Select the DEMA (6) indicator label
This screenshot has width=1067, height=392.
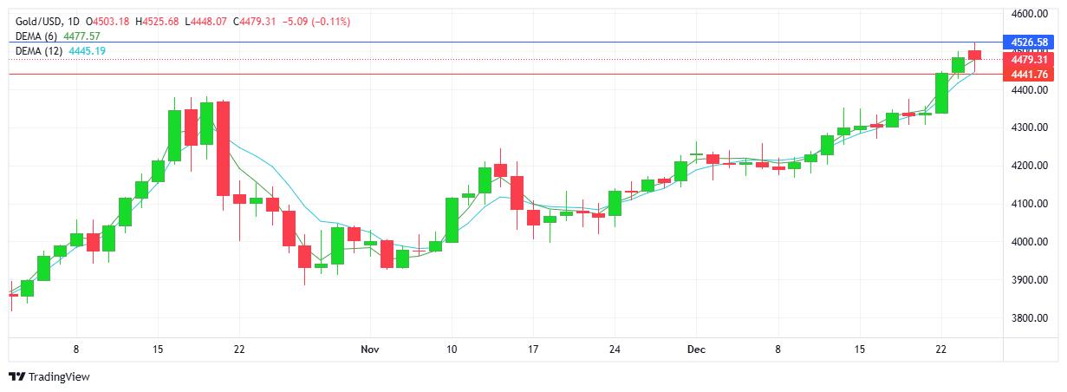tap(38, 36)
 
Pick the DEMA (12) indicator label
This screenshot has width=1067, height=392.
tap(40, 51)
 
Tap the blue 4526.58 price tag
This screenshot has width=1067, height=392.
tap(1029, 42)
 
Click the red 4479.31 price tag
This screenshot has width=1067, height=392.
tap(1029, 60)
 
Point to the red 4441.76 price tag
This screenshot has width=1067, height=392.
tap(1029, 75)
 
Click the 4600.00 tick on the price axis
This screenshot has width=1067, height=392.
tap(1029, 14)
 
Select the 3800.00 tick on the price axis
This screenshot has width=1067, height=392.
tap(1029, 318)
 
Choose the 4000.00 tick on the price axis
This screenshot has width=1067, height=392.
tap(1029, 242)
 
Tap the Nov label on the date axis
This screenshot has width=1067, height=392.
tap(370, 350)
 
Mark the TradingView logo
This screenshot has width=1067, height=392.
tap(49, 377)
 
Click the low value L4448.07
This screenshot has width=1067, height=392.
tap(205, 21)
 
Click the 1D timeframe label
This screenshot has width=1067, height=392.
tap(73, 21)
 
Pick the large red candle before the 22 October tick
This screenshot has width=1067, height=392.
tap(223, 148)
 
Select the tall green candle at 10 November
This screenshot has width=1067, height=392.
tap(452, 220)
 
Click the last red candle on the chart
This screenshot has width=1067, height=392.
tap(974, 56)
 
